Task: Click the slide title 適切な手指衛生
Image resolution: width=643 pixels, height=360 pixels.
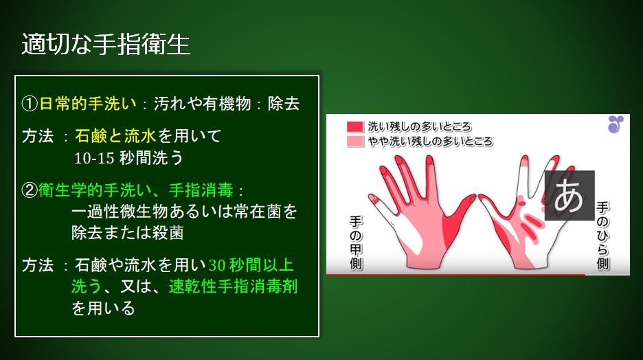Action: coord(106,44)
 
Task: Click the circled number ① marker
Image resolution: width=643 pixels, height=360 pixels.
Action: coord(30,103)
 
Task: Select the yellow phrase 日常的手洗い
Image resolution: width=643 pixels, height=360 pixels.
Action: coord(87,103)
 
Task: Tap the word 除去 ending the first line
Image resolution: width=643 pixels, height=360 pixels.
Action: coord(283,103)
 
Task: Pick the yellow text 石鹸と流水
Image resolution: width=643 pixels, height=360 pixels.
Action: coord(115,136)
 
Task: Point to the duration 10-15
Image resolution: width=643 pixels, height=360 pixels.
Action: coord(94,158)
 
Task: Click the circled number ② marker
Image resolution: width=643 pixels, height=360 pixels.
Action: coord(30,190)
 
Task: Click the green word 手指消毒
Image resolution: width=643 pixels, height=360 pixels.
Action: coord(201,190)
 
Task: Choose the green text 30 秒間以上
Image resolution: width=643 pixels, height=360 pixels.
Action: coord(251,265)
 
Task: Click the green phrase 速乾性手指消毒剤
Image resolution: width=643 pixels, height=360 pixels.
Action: coord(234,286)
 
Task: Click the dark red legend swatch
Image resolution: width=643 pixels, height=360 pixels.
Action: coord(355,126)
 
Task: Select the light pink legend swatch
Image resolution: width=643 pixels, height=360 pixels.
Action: coord(355,142)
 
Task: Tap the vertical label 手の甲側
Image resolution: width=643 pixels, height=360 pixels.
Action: coord(356,243)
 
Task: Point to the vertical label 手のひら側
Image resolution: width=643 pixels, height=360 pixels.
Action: coord(602,236)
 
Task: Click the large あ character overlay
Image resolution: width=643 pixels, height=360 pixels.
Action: coord(569,196)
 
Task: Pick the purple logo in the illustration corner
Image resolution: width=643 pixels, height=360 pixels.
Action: coord(616,124)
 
